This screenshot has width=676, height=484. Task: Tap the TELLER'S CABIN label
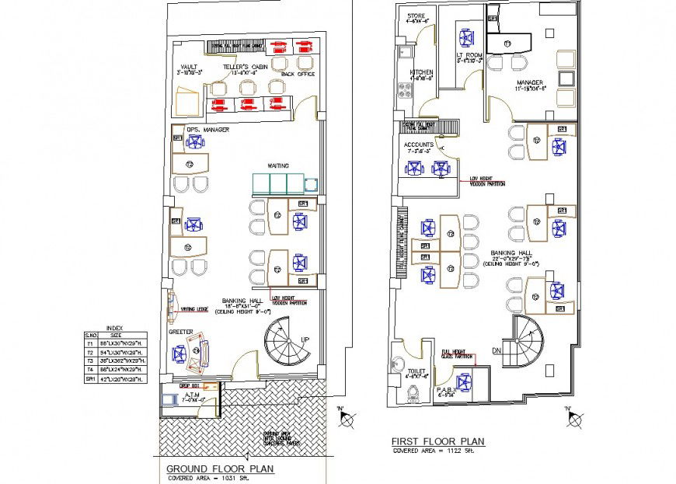click(x=246, y=68)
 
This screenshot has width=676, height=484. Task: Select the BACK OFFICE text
click(x=298, y=74)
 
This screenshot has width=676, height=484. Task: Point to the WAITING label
click(x=278, y=165)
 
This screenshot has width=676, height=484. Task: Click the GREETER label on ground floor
click(x=180, y=331)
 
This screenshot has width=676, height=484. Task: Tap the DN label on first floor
click(x=497, y=350)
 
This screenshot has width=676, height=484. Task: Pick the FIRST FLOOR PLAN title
click(x=438, y=441)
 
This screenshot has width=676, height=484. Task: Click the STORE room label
click(x=416, y=16)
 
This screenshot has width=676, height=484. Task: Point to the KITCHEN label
click(x=420, y=72)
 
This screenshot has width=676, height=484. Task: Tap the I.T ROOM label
click(x=470, y=55)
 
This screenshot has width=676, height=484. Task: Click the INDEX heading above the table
click(x=114, y=329)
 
